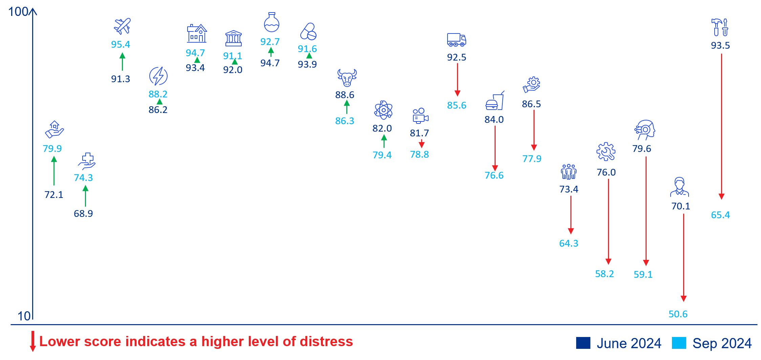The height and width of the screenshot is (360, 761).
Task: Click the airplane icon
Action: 122,26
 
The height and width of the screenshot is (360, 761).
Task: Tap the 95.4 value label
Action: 121,44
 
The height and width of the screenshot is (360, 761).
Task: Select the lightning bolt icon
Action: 158,76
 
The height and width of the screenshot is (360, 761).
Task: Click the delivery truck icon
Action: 456,40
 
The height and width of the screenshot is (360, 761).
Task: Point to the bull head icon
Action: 347,78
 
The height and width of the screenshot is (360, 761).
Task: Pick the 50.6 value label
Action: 678,314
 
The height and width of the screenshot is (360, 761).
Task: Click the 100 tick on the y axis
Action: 18,12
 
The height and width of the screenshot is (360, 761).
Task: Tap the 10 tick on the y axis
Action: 24,316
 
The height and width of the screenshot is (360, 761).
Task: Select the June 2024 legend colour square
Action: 583,343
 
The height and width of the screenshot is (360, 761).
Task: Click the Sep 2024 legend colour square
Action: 679,343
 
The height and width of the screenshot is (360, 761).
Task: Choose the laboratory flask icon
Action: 271,22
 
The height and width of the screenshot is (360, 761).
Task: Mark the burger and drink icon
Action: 495,101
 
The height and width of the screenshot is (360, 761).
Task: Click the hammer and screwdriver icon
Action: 720,27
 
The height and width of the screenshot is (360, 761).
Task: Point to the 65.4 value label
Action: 720,215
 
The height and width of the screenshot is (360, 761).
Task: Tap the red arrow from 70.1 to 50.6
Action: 683,257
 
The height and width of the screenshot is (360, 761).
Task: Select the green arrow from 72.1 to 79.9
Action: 54,171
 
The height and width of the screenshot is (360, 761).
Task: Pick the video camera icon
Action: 420,116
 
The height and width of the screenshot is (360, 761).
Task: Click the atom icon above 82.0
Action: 383,110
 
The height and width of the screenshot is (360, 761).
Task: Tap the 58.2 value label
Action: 604,274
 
